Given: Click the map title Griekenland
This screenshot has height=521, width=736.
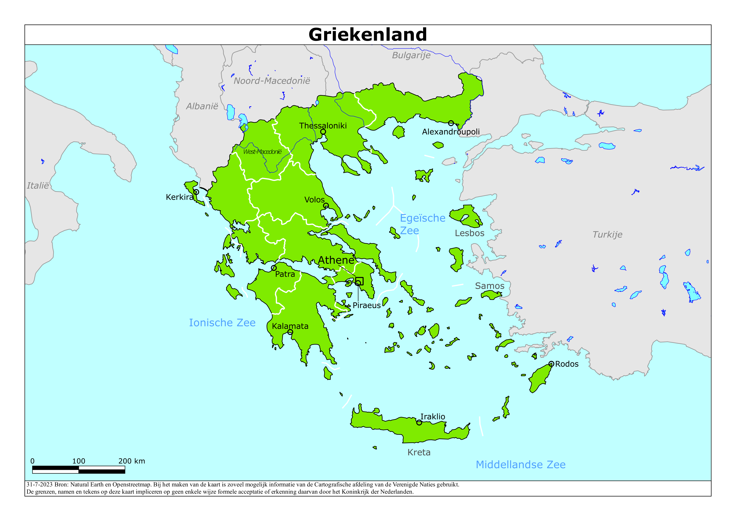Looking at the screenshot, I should click(368, 34).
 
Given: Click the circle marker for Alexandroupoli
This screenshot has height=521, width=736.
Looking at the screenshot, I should click(451, 123).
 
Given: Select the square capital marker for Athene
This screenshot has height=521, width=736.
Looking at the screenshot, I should click(359, 281).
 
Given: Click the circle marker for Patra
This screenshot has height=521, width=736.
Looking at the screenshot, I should click(274, 268).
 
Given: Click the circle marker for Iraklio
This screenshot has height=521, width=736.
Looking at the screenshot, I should click(419, 423).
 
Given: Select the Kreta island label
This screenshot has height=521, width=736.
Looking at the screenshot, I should click(419, 452).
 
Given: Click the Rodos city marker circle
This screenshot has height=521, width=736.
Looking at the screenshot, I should click(551, 364).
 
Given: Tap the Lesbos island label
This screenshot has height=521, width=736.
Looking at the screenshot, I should click(469, 233).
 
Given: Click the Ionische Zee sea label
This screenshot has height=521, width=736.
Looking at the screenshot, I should click(222, 323).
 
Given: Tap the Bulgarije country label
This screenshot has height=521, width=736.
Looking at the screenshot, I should click(411, 55).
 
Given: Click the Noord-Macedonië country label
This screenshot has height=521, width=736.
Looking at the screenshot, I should click(272, 81).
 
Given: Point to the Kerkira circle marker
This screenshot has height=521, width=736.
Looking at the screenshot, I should click(196, 192).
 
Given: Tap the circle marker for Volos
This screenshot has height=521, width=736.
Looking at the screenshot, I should click(326, 205).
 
